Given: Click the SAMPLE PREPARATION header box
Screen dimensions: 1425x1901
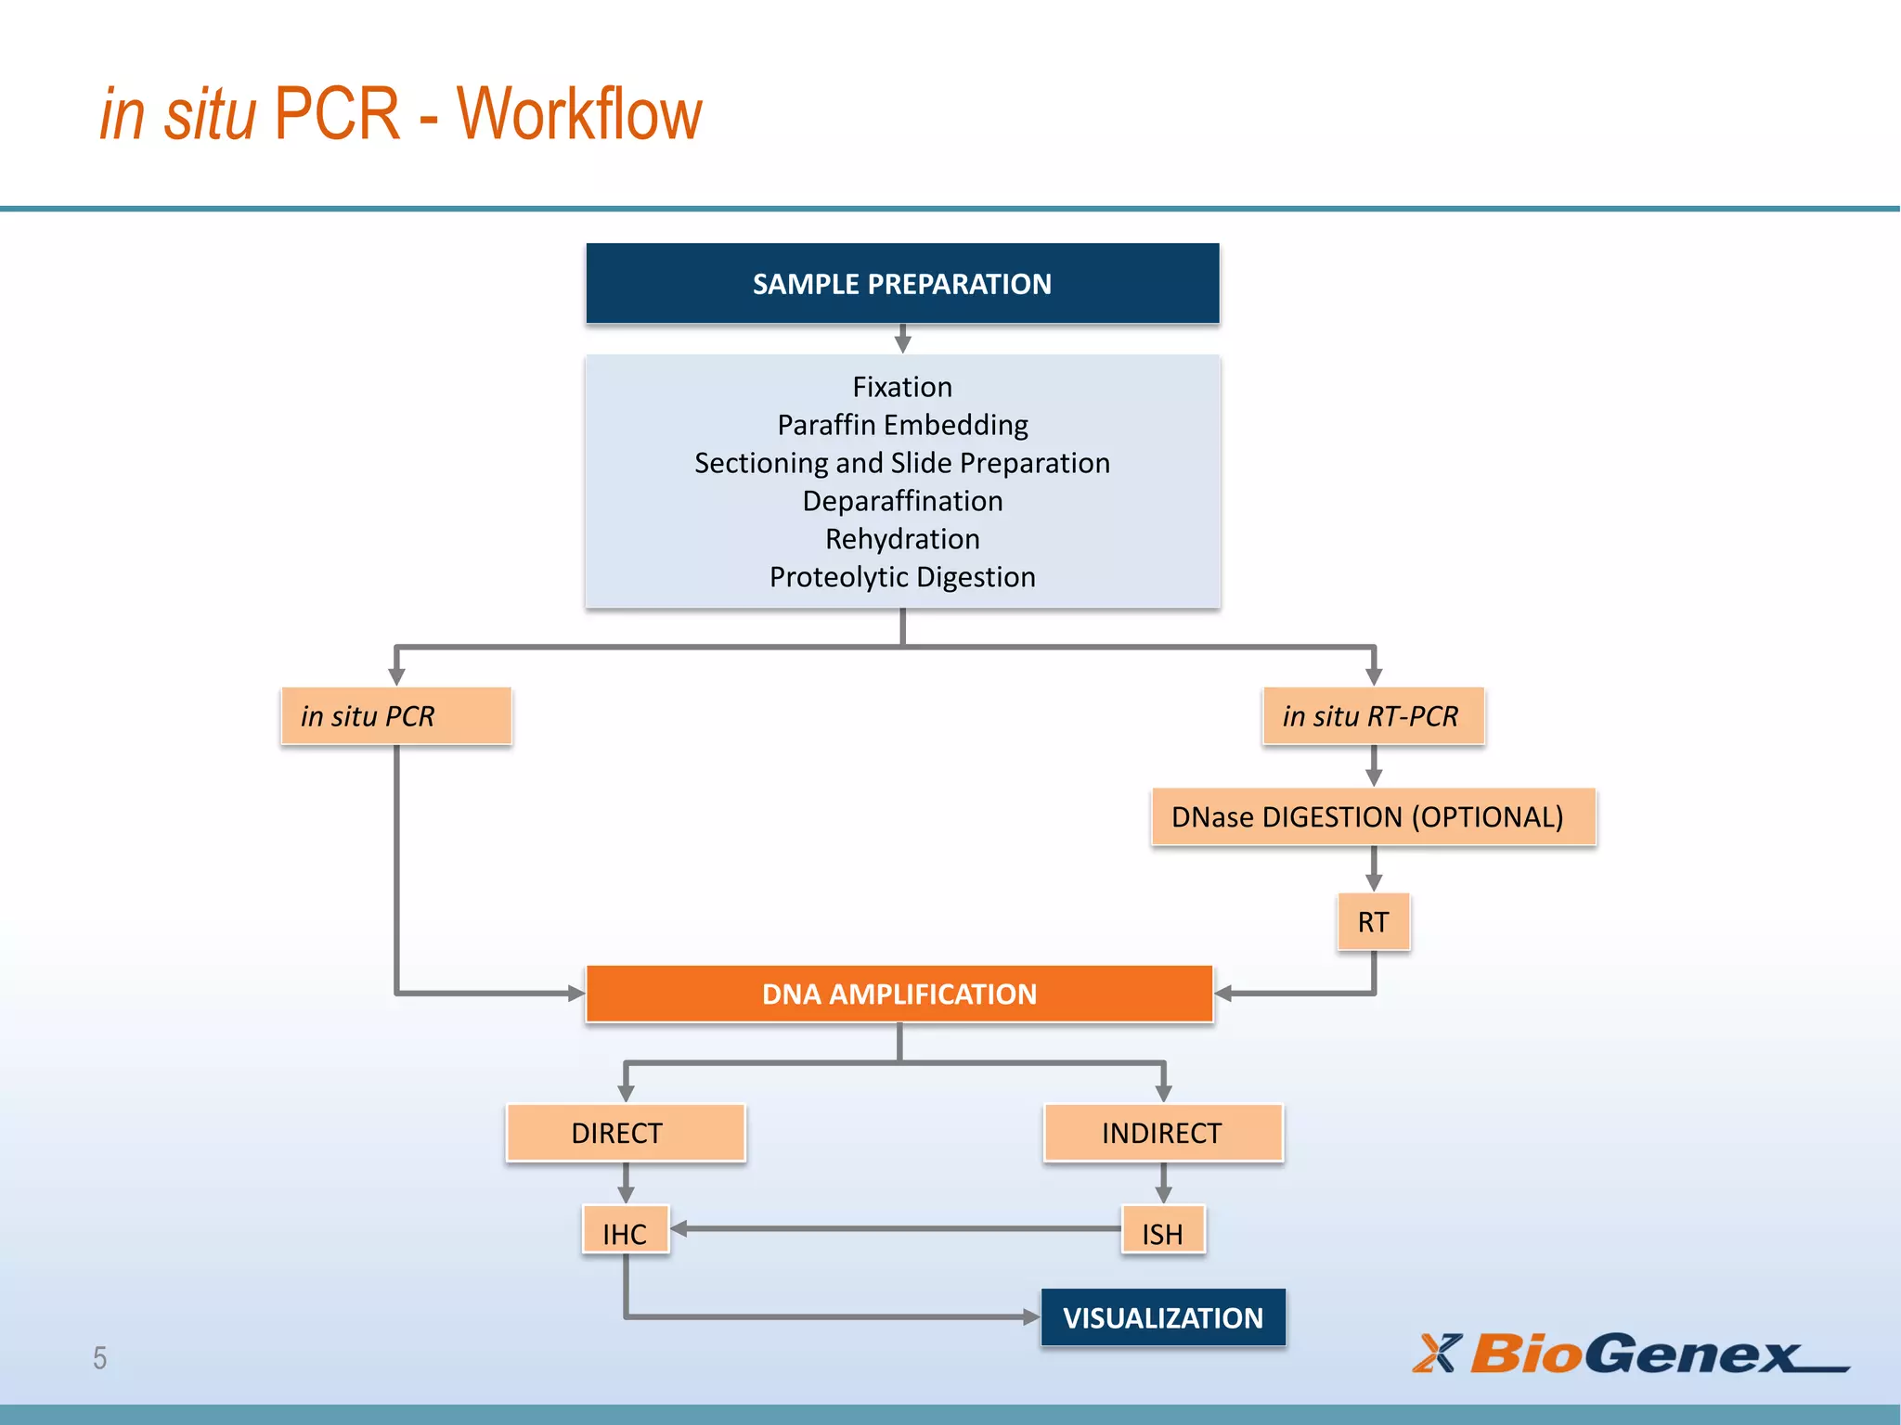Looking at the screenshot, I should tap(902, 283).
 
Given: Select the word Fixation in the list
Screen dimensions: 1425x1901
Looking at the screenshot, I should tap(902, 387).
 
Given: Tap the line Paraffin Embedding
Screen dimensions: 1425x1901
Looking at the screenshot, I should tap(902, 425).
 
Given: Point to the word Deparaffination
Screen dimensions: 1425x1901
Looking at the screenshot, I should tap(902, 501).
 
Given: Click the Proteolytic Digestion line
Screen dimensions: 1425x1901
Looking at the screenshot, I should tap(902, 577).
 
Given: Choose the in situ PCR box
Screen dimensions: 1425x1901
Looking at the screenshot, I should tap(396, 716).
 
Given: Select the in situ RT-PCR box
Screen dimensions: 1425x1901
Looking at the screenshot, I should tap(1373, 716).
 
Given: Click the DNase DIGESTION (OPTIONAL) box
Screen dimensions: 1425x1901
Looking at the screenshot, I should tap(1373, 816).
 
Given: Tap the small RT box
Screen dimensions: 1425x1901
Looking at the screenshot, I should tap(1373, 921).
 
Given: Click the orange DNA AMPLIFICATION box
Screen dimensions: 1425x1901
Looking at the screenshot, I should tap(899, 994).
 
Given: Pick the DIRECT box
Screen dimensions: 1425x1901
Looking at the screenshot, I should tap(626, 1133).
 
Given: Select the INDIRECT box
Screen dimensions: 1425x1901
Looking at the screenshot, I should tap(1163, 1133).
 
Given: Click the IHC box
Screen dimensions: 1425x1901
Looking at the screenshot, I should tap(626, 1233).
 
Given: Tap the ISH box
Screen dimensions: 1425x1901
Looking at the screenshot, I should tap(1163, 1233).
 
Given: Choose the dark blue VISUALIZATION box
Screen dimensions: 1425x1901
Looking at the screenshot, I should tap(1163, 1317).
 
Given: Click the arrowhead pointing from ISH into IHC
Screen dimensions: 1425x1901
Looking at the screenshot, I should tap(679, 1228).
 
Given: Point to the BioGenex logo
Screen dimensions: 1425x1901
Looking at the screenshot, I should tap(1631, 1354).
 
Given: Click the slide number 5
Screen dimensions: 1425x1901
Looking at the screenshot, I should tap(99, 1358).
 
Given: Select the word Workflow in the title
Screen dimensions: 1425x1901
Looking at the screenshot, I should tap(579, 114).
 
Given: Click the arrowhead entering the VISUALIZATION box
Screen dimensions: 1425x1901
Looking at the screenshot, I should tap(1030, 1316).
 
